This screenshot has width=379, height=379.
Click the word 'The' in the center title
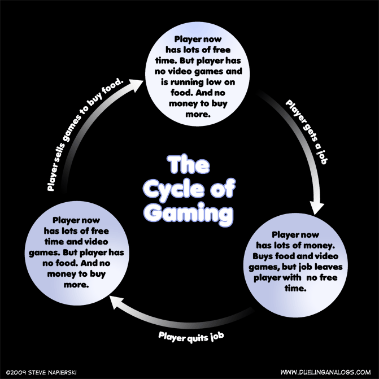[x=189, y=165]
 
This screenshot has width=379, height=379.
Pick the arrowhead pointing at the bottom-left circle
[x=115, y=303]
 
